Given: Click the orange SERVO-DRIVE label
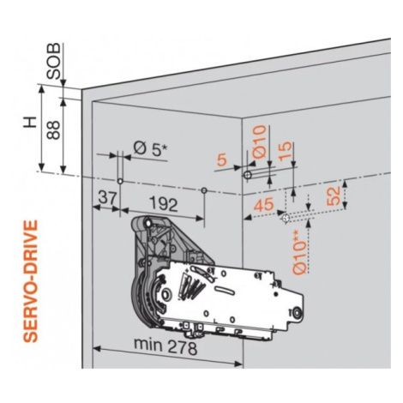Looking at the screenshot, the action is [30, 280].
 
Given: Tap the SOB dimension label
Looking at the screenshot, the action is [54, 61].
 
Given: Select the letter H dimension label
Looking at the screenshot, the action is [30, 122].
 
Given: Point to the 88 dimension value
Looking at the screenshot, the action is [53, 129].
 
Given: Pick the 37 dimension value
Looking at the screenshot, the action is [108, 197].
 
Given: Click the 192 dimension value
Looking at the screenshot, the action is [164, 204].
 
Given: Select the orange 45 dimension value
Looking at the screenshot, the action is [263, 205].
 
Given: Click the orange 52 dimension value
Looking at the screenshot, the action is [334, 195].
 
